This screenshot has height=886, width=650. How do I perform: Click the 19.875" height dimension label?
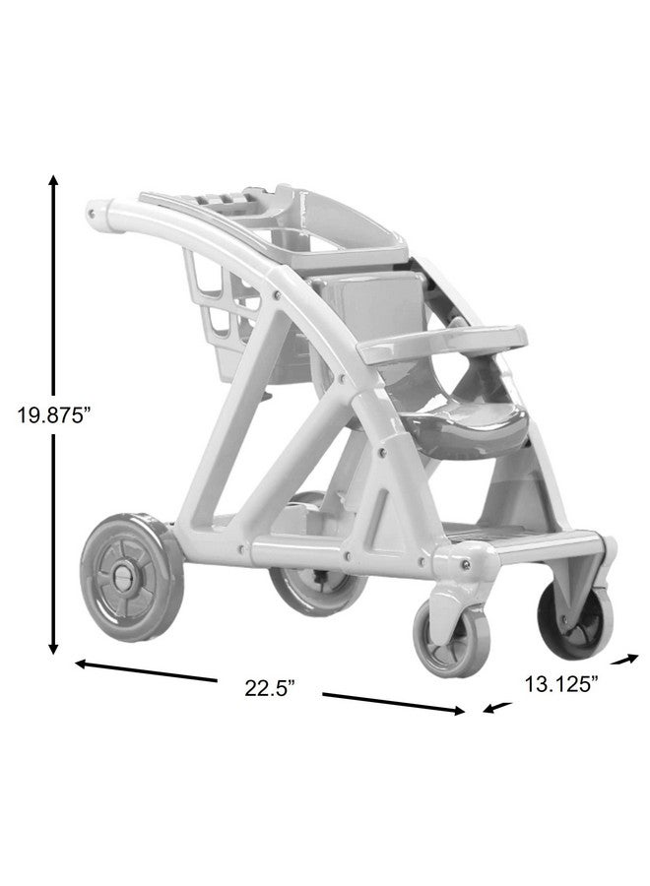pos(53,415)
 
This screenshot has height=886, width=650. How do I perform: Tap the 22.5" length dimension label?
pos(269,688)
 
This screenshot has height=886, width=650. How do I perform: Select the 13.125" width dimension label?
pos(560,684)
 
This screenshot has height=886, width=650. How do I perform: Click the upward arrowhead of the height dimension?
pos(53,181)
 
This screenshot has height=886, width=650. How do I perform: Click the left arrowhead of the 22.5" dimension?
pos(82,663)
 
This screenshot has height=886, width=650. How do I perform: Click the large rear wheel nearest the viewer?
pos(132,576)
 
